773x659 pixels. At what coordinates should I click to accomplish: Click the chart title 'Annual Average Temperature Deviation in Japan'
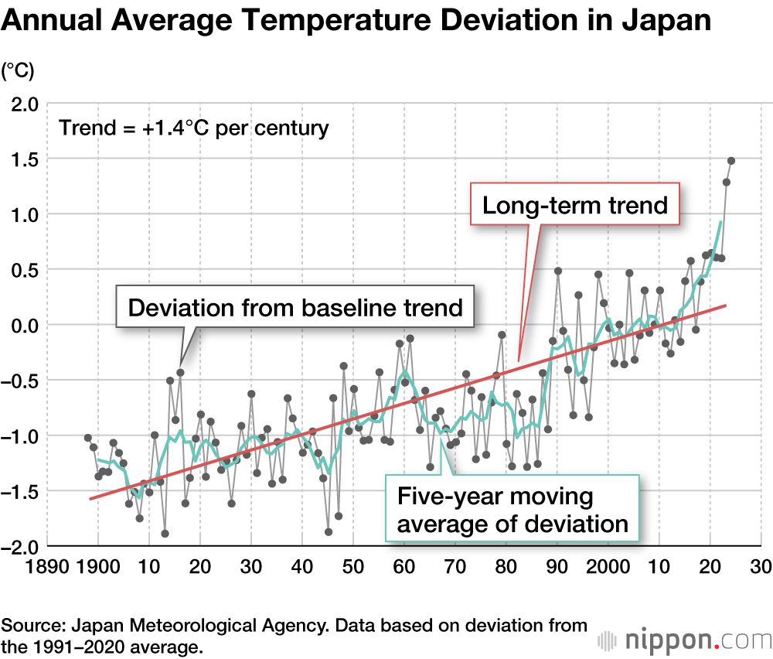click(x=356, y=21)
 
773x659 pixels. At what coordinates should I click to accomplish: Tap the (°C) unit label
click(x=18, y=71)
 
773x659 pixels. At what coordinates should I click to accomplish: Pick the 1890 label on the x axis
click(x=47, y=567)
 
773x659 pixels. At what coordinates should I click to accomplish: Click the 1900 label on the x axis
click(x=97, y=567)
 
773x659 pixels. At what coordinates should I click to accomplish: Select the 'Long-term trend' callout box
click(x=574, y=205)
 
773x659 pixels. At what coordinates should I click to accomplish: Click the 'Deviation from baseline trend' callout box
click(x=295, y=307)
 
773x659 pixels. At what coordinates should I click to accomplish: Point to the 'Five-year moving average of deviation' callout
click(x=511, y=510)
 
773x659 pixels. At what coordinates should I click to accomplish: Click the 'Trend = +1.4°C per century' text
click(x=194, y=128)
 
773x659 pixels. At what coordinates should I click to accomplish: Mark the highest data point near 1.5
click(x=731, y=161)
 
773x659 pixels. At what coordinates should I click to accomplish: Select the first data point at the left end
click(x=88, y=438)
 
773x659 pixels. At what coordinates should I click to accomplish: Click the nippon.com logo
click(x=684, y=640)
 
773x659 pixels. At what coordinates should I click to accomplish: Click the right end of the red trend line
click(x=726, y=306)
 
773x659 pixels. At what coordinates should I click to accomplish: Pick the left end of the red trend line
click(x=90, y=499)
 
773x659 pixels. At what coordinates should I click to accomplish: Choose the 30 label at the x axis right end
click(x=761, y=567)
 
